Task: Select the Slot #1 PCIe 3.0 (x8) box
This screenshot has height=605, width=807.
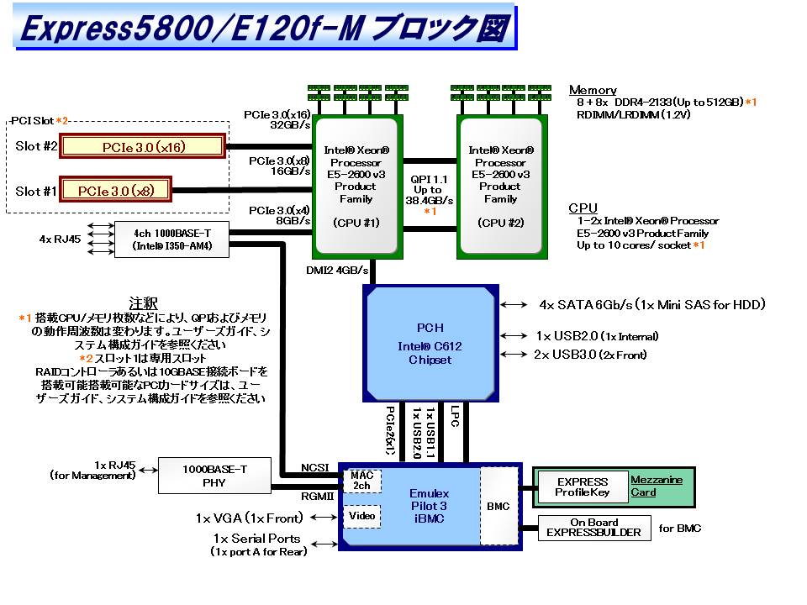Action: [x=116, y=191]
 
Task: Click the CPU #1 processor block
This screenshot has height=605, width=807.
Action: [x=356, y=186]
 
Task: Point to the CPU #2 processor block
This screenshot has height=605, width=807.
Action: [x=500, y=186]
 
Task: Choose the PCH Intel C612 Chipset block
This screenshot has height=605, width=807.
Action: [x=430, y=343]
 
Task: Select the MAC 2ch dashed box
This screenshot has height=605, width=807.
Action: [x=362, y=481]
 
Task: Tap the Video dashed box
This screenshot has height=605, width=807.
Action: [x=362, y=516]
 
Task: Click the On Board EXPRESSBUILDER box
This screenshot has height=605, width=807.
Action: [x=594, y=528]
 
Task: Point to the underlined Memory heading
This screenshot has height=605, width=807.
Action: [x=593, y=90]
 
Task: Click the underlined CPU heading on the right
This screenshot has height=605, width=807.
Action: [x=583, y=208]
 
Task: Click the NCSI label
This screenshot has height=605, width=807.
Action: [x=314, y=468]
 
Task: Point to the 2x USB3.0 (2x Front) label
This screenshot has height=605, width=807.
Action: [x=590, y=355]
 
